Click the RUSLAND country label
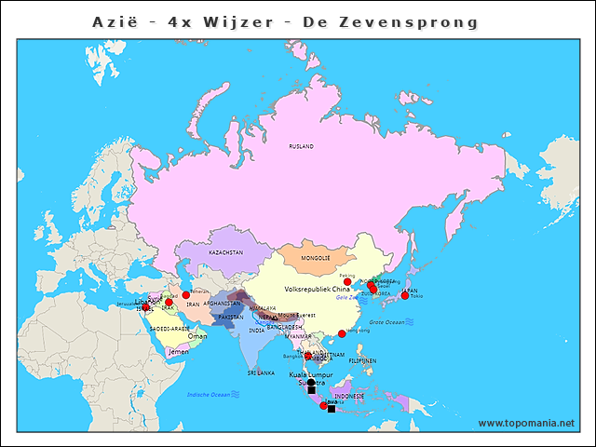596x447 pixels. pyautogui.click(x=301, y=147)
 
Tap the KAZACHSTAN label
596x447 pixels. pyautogui.click(x=225, y=252)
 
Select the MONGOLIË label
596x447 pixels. pyautogui.click(x=316, y=257)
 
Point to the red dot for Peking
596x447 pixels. pyautogui.click(x=347, y=282)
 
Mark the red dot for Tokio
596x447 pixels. pyautogui.click(x=404, y=295)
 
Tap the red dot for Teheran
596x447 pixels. pyautogui.click(x=184, y=293)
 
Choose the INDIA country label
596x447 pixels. pyautogui.click(x=257, y=330)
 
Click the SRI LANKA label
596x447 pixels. pyautogui.click(x=260, y=372)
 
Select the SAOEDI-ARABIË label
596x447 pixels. pyautogui.click(x=169, y=328)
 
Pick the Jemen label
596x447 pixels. pyautogui.click(x=178, y=351)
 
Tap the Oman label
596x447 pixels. pyautogui.click(x=197, y=336)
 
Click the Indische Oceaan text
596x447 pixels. pyautogui.click(x=208, y=395)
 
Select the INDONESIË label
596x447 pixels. pyautogui.click(x=348, y=395)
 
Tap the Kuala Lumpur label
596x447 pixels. pyautogui.click(x=311, y=374)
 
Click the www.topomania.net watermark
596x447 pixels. pyautogui.click(x=526, y=423)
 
